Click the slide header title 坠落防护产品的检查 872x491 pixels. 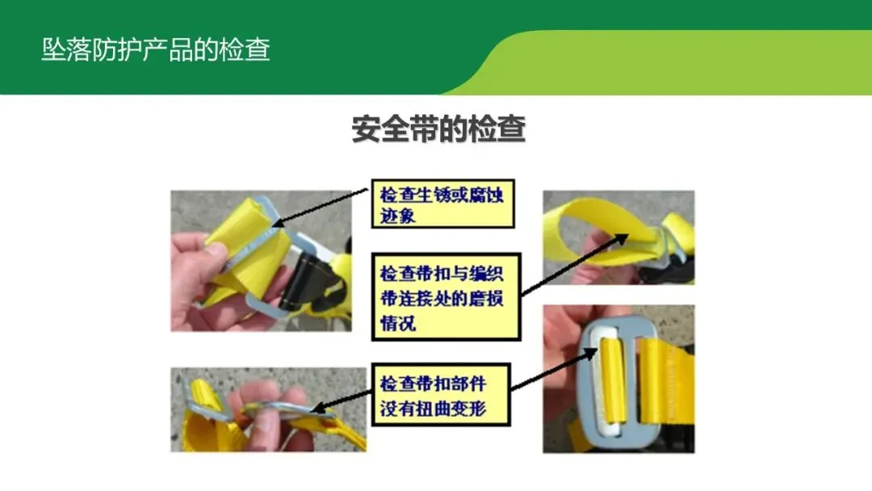pyautogui.click(x=156, y=49)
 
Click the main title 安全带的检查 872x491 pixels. pyautogui.click(x=438, y=129)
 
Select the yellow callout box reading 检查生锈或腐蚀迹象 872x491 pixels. pyautogui.click(x=442, y=204)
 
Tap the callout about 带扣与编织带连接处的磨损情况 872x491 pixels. pyautogui.click(x=446, y=297)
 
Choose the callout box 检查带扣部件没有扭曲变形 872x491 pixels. pyautogui.click(x=441, y=395)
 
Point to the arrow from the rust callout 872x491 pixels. pyautogui.click(x=321, y=208)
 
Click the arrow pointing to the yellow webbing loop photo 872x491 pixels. pyautogui.click(x=575, y=265)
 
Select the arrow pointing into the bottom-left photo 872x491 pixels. pyautogui.click(x=341, y=401)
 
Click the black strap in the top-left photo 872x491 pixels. pyautogui.click(x=301, y=281)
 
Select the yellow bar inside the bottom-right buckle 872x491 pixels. pyautogui.click(x=613, y=383)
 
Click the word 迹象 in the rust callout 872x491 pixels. pyautogui.click(x=397, y=216)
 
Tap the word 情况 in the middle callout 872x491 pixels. pyautogui.click(x=397, y=323)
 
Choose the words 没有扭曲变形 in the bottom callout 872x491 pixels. pyautogui.click(x=434, y=409)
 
